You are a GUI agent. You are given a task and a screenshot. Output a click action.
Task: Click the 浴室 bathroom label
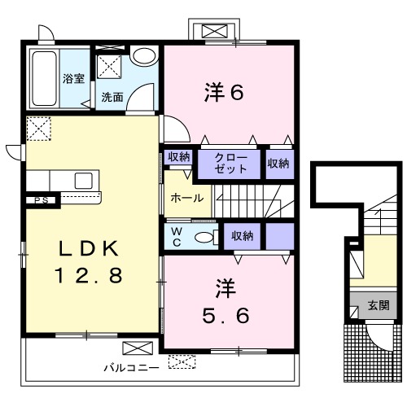pyautogui.click(x=73, y=79)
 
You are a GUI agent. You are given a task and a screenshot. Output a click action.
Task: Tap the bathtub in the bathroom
pyautogui.click(x=45, y=78)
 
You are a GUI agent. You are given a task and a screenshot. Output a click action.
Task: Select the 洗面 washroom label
pyautogui.click(x=112, y=97)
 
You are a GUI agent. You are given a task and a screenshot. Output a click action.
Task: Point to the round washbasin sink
pyautogui.click(x=144, y=56)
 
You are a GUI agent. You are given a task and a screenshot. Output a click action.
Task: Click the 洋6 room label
pyautogui.click(x=224, y=92)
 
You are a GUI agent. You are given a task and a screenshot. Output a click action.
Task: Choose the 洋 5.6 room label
pyautogui.click(x=225, y=302)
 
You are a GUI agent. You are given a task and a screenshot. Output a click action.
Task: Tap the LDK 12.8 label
pyautogui.click(x=89, y=261)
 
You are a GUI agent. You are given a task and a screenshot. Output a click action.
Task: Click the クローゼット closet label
pyautogui.click(x=230, y=163)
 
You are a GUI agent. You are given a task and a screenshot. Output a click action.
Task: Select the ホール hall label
pyautogui.click(x=187, y=198)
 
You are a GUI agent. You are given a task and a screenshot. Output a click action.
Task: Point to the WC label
pyautogui.click(x=177, y=237)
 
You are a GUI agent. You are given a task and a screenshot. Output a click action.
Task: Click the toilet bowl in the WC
pyautogui.click(x=204, y=238)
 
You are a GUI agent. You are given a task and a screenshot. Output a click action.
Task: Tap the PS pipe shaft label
pyautogui.click(x=42, y=200)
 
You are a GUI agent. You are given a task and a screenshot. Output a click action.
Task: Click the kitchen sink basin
pyautogui.click(x=84, y=181)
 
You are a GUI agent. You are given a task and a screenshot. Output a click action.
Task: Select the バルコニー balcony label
pyautogui.click(x=132, y=368)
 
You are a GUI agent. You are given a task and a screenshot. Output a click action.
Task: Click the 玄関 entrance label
pyautogui.click(x=379, y=305)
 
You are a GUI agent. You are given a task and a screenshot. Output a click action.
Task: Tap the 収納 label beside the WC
pyautogui.click(x=243, y=236)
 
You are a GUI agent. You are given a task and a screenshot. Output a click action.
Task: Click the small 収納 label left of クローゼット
pyautogui.click(x=178, y=157)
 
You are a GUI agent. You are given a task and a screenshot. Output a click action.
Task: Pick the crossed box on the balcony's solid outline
pyautogui.click(x=138, y=348)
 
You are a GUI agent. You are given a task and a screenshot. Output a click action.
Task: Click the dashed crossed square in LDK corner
pyautogui.click(x=39, y=129)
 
